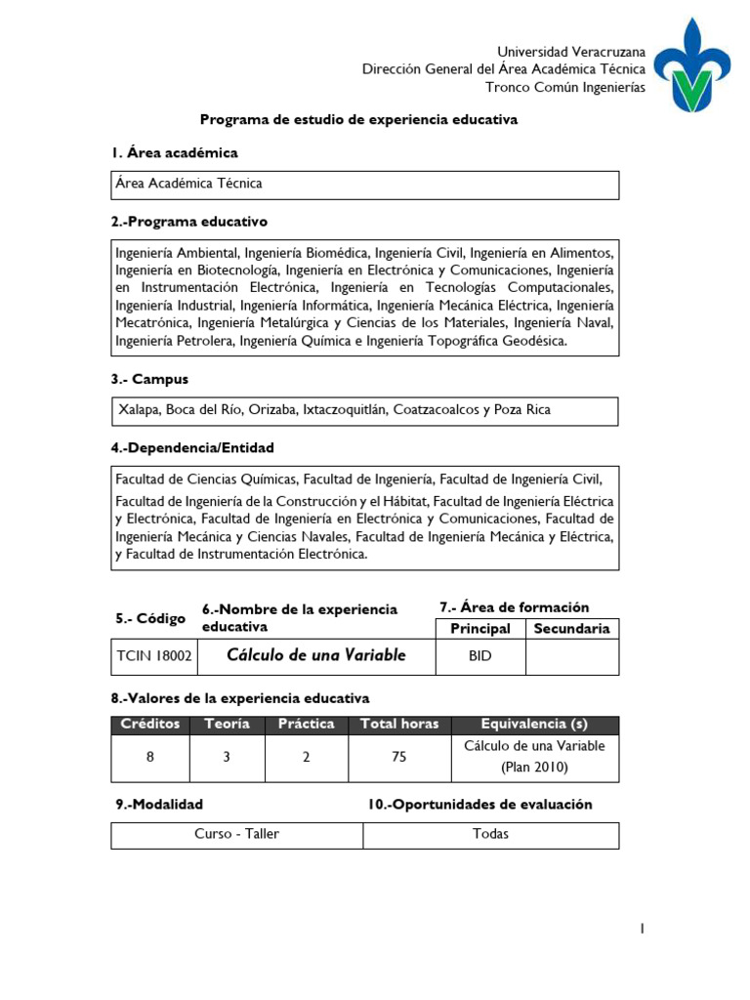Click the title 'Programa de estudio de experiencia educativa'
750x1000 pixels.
[x=358, y=119]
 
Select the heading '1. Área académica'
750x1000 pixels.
[x=174, y=153]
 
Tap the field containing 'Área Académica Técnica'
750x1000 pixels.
[x=364, y=184]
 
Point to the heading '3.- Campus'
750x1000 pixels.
[x=149, y=379]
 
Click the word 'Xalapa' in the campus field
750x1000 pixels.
[x=139, y=410]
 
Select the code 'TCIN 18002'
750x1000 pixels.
[x=154, y=656]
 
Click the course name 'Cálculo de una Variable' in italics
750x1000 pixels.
[x=315, y=655]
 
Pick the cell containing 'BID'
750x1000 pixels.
[x=479, y=656]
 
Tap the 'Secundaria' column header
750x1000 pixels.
[x=571, y=629]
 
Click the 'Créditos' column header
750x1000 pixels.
[x=151, y=725]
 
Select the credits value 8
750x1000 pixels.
[x=150, y=757]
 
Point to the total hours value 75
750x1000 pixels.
[x=398, y=757]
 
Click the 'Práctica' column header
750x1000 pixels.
[x=306, y=725]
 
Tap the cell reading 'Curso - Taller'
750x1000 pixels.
[x=236, y=834]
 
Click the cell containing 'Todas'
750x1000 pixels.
[x=490, y=834]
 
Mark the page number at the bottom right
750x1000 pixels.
[x=642, y=930]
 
